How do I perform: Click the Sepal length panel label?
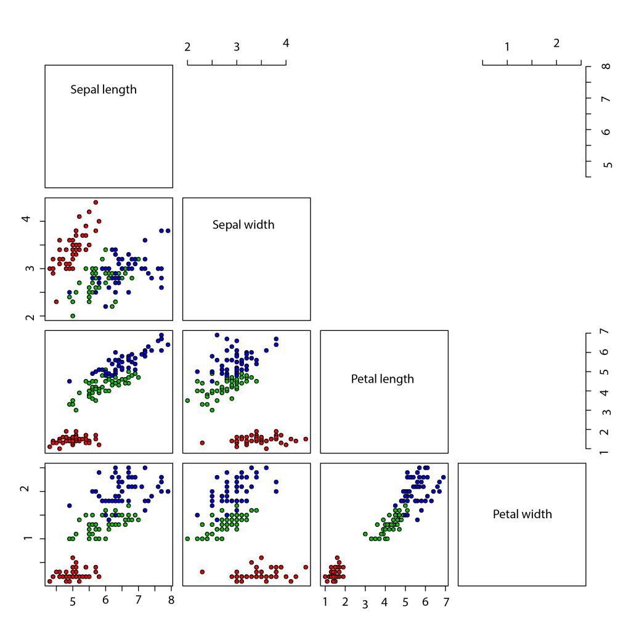[104, 89]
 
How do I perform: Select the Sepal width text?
[243, 224]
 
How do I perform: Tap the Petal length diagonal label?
[382, 378]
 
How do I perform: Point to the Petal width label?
[522, 513]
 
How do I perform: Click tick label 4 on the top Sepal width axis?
[286, 43]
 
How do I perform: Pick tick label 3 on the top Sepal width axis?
[237, 46]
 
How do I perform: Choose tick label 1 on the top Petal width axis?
[507, 46]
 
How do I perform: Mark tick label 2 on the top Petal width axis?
[556, 43]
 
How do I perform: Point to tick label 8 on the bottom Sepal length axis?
[171, 600]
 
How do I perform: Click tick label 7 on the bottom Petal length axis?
[445, 600]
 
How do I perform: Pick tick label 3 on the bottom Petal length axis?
[365, 603]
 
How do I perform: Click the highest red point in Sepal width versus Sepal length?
[96, 202]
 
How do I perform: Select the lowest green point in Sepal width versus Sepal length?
[73, 315]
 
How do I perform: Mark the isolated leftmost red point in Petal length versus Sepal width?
[202, 442]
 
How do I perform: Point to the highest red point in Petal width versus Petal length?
[337, 558]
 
